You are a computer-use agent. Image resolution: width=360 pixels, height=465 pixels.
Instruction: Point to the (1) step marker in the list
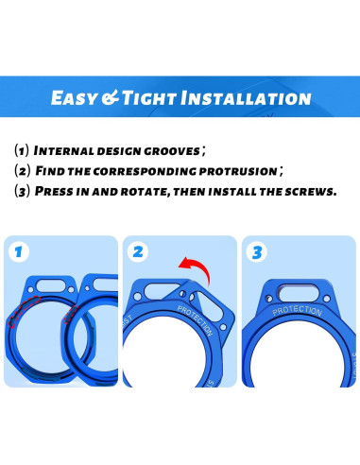[23, 150]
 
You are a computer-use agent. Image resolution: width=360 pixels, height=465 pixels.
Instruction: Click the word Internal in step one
[69, 150]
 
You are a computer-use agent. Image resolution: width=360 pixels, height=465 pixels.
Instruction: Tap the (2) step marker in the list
[23, 170]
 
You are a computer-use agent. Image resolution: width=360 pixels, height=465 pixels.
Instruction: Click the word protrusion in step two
[237, 170]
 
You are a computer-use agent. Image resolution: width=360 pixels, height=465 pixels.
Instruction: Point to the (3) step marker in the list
[23, 190]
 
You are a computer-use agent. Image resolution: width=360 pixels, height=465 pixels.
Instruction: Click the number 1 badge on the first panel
[18, 252]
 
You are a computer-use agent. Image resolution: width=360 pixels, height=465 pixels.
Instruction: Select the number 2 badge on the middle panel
[139, 252]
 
